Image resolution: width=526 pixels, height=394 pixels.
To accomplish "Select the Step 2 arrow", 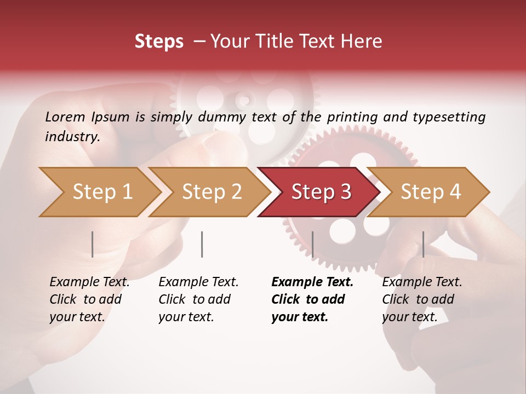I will point(211,192).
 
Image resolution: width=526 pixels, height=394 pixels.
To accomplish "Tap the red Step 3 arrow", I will point(321,192).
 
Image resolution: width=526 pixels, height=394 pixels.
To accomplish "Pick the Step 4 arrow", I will point(431,192).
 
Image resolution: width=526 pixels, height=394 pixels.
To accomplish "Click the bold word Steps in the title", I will point(159,42).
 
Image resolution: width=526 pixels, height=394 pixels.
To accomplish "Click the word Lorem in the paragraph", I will point(64,117).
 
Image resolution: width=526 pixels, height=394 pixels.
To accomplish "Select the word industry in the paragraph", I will point(72,137).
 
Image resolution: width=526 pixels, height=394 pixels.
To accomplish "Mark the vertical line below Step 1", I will point(92,244).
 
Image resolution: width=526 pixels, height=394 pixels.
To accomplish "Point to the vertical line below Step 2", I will point(202,244).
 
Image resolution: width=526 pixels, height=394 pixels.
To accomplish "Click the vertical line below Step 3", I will point(312,244).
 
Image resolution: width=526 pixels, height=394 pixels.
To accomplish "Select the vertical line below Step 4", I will point(423,244).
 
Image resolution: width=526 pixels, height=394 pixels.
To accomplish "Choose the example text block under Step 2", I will point(198,299).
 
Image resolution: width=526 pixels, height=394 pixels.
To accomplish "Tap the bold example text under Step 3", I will point(312,299).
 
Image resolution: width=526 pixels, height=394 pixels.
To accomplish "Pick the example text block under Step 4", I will point(421,299).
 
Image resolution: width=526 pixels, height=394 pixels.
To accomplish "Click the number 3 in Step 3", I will point(345,192).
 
